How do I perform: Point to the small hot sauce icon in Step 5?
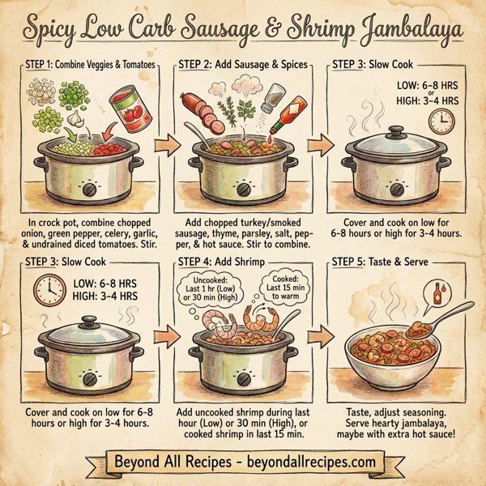point(437,291)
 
